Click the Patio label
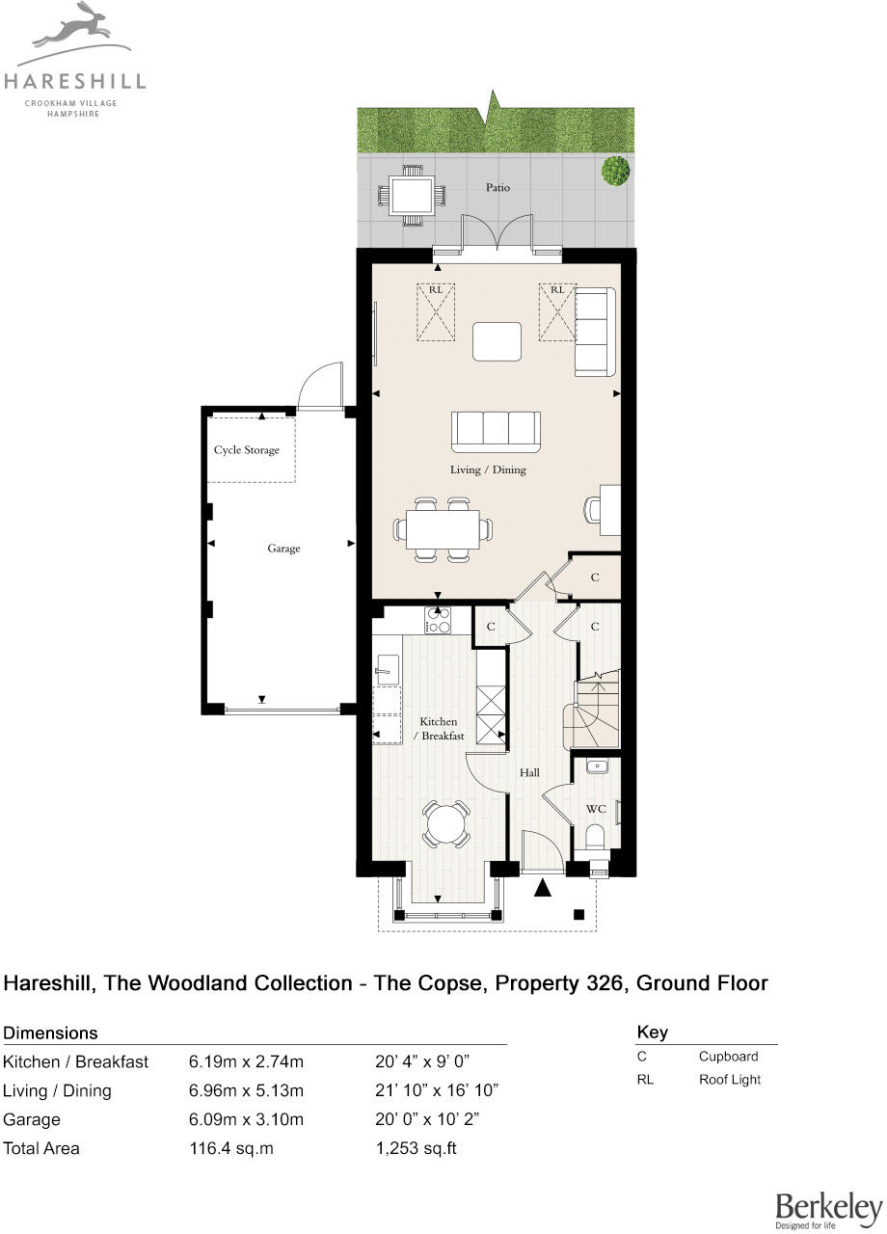point(497,187)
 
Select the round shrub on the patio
point(615,172)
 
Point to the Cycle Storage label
point(247,450)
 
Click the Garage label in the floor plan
point(283,549)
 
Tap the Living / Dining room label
point(488,470)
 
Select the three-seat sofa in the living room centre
point(497,431)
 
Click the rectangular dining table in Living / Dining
point(443,529)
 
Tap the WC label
point(596,809)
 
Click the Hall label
point(529,772)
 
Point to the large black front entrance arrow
point(544,888)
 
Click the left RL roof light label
point(436,289)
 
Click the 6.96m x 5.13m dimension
point(246,1090)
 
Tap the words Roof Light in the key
point(729,1080)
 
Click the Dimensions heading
point(51,1033)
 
